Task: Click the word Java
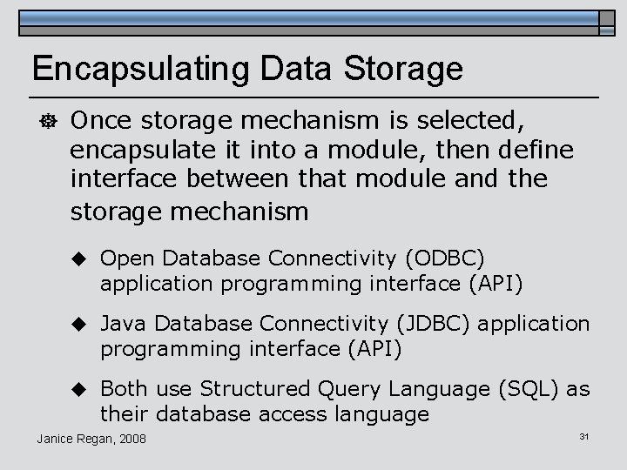(x=121, y=324)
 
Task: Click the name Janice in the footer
(x=57, y=437)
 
